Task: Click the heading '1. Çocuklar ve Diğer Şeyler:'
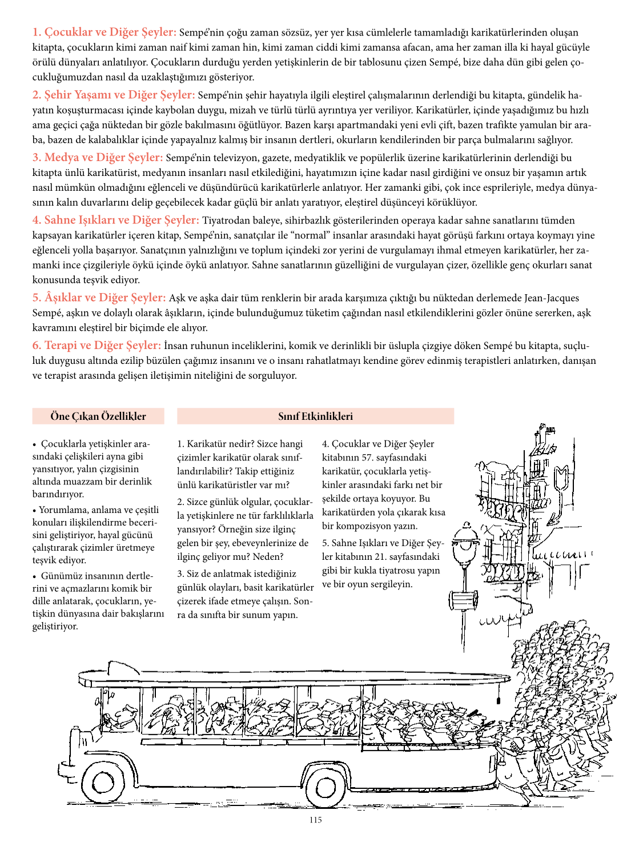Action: [x=105, y=32]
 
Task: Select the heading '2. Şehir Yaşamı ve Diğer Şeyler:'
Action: [x=114, y=95]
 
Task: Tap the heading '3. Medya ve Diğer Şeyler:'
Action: [x=98, y=157]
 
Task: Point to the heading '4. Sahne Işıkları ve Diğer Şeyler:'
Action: [x=116, y=220]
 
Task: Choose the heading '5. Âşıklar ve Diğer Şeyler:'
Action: [x=99, y=297]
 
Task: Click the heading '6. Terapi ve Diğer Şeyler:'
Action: [x=97, y=345]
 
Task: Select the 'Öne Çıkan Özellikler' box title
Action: [x=98, y=416]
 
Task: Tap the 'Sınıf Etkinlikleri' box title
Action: [x=315, y=416]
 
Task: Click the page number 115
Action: [x=315, y=820]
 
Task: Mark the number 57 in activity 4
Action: [x=368, y=458]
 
